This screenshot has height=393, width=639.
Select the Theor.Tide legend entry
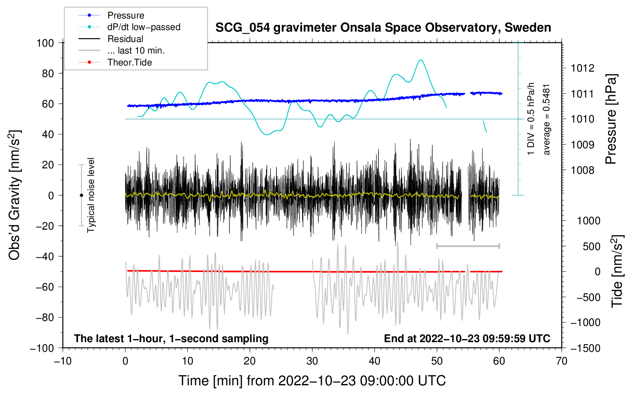[129, 62]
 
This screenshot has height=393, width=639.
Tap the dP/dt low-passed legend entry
[144, 27]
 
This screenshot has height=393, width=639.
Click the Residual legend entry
[125, 39]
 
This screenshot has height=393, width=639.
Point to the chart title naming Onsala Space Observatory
[383, 28]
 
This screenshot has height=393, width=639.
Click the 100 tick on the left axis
[45, 43]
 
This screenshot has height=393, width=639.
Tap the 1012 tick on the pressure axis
[582, 68]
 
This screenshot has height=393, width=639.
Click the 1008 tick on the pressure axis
[582, 170]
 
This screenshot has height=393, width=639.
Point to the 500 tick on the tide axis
[591, 247]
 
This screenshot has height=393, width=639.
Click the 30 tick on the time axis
[312, 361]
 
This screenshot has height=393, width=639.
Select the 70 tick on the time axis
[562, 361]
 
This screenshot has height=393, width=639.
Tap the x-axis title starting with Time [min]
[312, 381]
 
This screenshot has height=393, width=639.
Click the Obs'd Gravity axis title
[14, 195]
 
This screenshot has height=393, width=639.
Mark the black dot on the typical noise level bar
[81, 195]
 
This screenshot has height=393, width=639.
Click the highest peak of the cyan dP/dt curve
[420, 60]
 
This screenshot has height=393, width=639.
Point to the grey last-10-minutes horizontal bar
[468, 246]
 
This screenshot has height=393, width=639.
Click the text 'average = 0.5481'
[547, 119]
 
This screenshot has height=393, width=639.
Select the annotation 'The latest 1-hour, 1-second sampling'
[171, 339]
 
